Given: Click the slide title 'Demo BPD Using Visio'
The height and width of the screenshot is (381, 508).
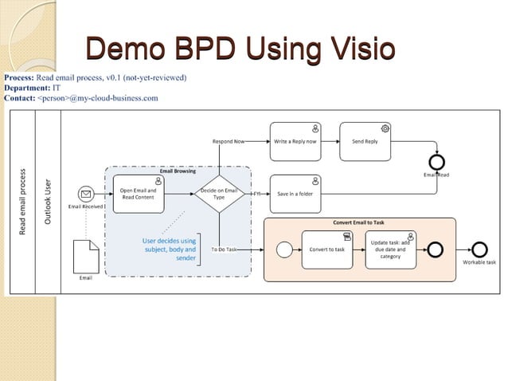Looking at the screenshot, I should click(240, 49).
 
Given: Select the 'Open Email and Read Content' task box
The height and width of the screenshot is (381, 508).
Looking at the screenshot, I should click(139, 194).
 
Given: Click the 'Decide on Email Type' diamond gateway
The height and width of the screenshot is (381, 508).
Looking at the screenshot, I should click(219, 194).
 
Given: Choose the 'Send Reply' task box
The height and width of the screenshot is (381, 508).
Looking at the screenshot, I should click(365, 140).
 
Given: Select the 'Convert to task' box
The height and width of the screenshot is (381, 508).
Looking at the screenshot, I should click(327, 249).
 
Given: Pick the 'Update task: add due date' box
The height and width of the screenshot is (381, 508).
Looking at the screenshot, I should click(390, 249).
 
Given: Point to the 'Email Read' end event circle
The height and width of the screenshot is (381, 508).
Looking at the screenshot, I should click(436, 159).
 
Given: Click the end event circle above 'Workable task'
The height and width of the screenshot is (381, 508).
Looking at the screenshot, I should click(479, 249).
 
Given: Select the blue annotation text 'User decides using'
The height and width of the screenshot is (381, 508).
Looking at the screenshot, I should click(169, 241).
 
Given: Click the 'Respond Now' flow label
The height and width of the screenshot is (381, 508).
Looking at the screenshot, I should click(229, 141).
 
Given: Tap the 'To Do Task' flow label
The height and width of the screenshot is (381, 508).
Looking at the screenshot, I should click(224, 249).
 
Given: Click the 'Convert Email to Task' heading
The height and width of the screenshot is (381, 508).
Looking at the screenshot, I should click(359, 222).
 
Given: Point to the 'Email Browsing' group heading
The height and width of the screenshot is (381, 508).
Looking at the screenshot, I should click(178, 171).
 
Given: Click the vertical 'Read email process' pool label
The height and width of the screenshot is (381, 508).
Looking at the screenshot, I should click(23, 202).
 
